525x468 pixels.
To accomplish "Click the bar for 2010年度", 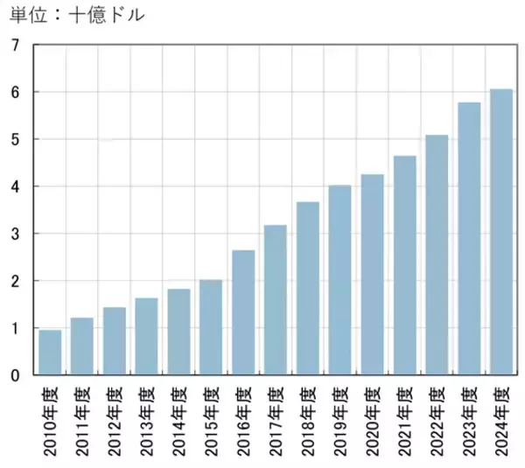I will pos(50,353).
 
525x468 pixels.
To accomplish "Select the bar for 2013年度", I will pos(146,337).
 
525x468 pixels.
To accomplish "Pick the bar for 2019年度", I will pos(339,280).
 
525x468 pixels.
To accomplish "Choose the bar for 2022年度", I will pos(437,255).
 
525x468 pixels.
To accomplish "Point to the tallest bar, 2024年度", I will pos(501,232).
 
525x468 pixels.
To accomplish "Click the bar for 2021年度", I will pos(404,265).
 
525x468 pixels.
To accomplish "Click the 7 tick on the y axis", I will pos(14,45).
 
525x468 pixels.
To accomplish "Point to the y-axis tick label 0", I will pos(14,375).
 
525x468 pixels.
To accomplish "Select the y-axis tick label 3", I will pos(14,234).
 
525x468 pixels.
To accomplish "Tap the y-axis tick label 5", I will pos(14,139).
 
